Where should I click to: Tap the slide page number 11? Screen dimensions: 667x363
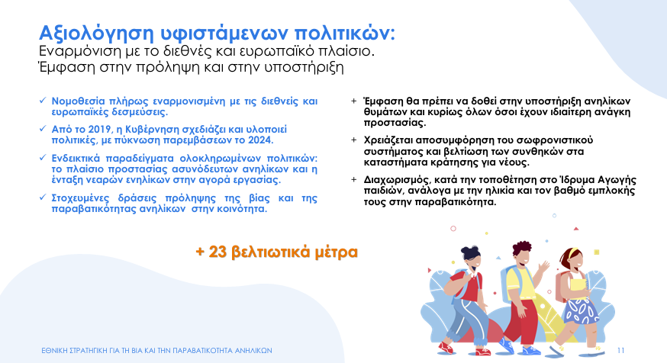(x=620, y=351)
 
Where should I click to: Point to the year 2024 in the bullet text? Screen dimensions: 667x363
(x=260, y=140)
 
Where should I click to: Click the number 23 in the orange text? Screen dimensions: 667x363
(x=217, y=252)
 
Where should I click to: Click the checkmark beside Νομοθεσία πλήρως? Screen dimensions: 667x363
(x=43, y=101)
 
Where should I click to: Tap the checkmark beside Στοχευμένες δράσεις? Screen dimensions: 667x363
(x=43, y=198)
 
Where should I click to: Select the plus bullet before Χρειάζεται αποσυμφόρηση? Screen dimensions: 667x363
(x=353, y=140)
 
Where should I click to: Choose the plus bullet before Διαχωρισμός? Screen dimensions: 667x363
(x=353, y=179)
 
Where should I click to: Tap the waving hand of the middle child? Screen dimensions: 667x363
(x=543, y=268)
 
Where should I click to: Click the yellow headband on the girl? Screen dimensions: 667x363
(x=573, y=252)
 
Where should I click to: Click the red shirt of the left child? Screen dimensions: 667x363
(x=465, y=286)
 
